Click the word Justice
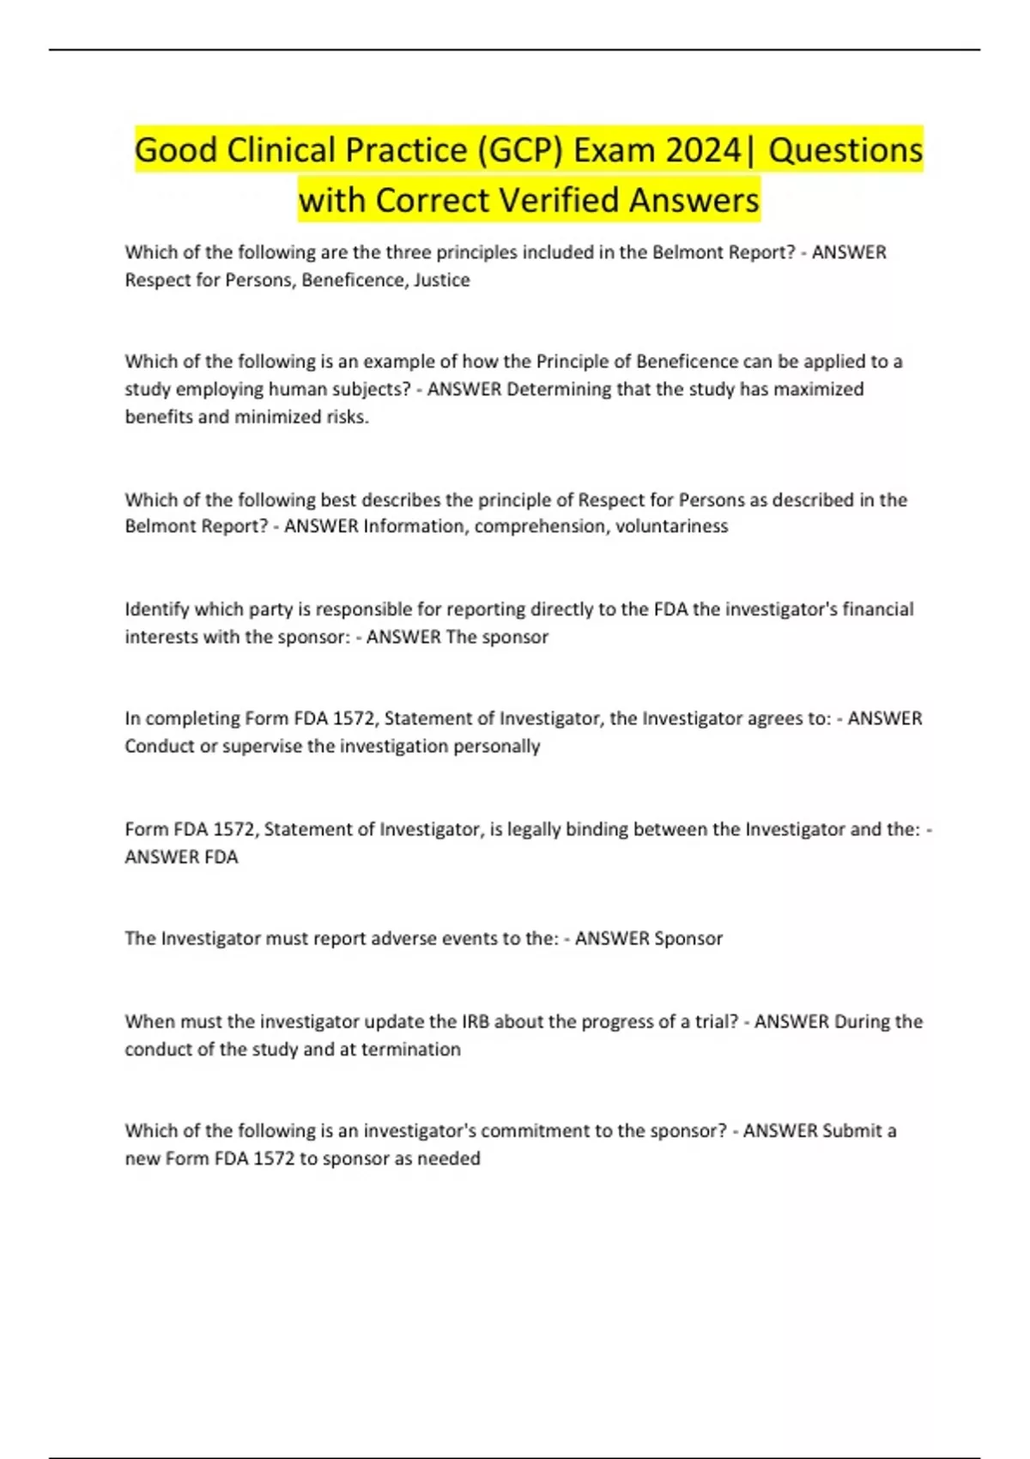coord(441,280)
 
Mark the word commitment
coord(531,1130)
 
